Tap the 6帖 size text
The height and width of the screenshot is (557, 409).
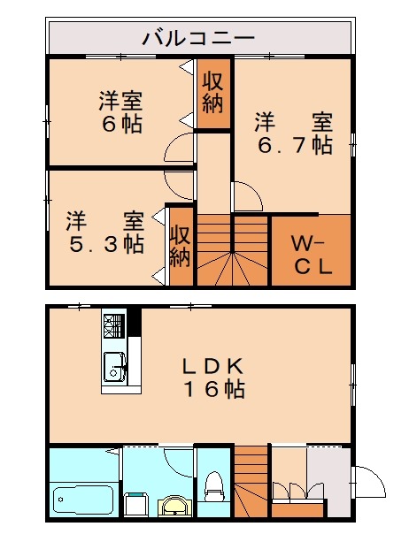pos(121,124)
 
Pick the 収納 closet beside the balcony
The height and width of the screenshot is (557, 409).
pos(212,93)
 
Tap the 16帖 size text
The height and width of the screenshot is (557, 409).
pos(213,389)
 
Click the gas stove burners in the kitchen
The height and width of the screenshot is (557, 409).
pos(114,328)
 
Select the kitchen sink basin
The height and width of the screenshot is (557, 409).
pos(113,362)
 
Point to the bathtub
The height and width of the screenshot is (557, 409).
pos(82,501)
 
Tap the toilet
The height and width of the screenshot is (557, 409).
pos(212,486)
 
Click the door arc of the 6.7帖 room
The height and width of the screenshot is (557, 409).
pos(245,196)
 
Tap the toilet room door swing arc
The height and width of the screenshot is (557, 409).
pos(178,462)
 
